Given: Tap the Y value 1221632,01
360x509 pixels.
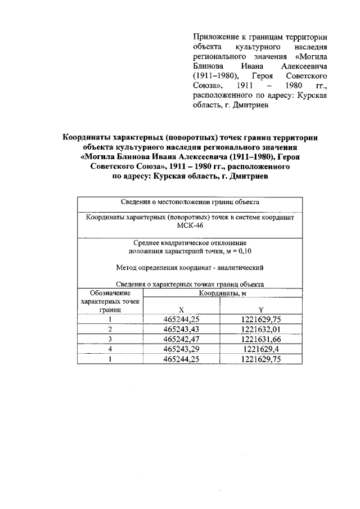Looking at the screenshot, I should click(x=260, y=328).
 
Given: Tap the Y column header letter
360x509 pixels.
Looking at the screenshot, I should click(x=260, y=310).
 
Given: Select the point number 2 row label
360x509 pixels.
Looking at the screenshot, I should click(x=111, y=328).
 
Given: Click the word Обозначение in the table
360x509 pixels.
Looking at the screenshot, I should click(x=110, y=292).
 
